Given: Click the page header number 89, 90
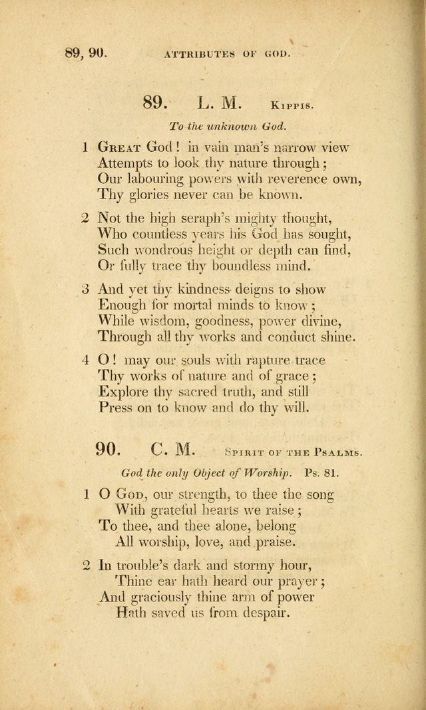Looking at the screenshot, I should [86, 53].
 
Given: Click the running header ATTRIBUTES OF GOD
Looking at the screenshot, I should [227, 54].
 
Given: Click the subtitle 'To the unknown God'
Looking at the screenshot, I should [227, 126].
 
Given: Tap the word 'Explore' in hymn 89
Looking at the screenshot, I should [123, 392].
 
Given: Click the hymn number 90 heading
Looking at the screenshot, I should [106, 450].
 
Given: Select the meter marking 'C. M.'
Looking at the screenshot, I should [172, 450].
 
